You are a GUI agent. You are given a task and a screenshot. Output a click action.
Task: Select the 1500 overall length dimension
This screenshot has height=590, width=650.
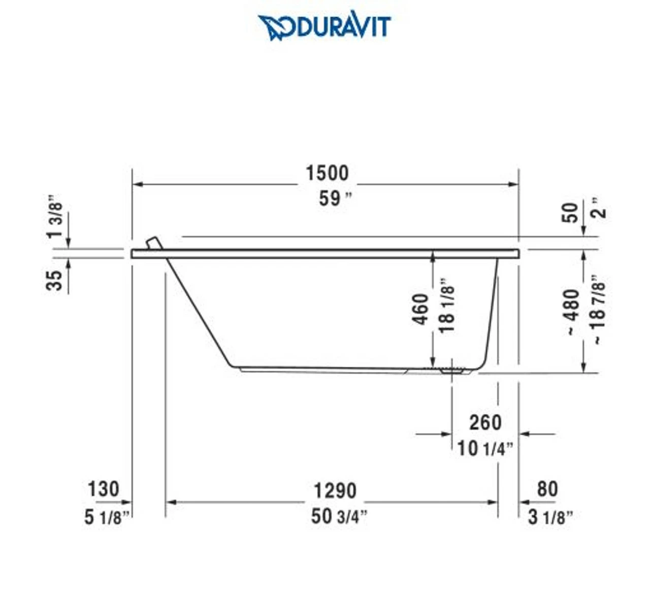click(x=327, y=174)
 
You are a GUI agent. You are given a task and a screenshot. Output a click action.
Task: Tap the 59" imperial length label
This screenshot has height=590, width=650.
click(x=335, y=199)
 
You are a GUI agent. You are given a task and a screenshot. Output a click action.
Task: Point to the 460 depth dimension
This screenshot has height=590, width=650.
click(x=421, y=310)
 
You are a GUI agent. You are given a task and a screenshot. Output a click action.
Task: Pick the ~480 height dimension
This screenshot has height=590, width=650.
click(x=572, y=311)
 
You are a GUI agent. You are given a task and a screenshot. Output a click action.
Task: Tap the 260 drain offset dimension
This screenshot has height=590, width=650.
click(x=485, y=422)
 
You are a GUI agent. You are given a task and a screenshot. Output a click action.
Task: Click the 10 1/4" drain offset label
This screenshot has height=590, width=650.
click(x=485, y=448)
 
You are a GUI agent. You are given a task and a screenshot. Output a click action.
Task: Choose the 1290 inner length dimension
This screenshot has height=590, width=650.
click(x=335, y=490)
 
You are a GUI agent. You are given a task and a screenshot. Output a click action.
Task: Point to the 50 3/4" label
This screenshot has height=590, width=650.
click(x=339, y=516)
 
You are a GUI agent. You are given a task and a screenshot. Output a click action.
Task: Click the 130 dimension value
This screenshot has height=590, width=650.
click(x=103, y=489)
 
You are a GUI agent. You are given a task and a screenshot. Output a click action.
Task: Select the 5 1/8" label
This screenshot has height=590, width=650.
click(x=107, y=517)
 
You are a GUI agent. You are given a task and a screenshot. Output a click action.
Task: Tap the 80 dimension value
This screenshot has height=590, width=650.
click(x=547, y=489)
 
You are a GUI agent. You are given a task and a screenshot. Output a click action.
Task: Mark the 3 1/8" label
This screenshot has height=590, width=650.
click(x=550, y=517)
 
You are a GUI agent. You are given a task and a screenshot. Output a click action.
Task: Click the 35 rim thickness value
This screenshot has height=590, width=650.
click(x=55, y=280)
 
